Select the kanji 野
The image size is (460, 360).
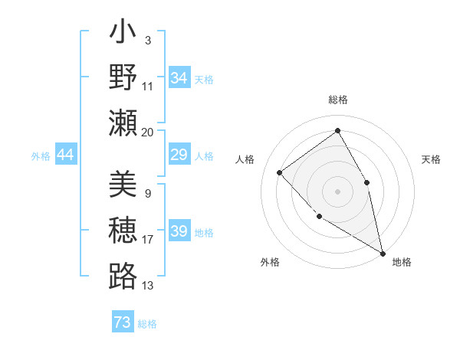123,77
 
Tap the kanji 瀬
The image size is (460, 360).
123,123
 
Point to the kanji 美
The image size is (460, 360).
123,185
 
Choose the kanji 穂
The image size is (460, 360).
123,231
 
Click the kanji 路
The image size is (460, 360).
123,276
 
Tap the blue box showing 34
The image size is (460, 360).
179,78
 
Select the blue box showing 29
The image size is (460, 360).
179,155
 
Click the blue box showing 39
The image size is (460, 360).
179,231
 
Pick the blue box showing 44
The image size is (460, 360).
66,155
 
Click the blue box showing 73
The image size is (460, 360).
123,322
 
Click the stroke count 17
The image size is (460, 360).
148,240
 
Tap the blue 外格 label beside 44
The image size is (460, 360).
41,156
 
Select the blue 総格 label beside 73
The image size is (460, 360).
147,324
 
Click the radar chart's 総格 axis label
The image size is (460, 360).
337,100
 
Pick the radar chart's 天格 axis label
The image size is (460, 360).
432,159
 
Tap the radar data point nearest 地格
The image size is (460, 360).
383,254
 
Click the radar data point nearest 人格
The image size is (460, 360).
280,172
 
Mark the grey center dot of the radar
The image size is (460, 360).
337,191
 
